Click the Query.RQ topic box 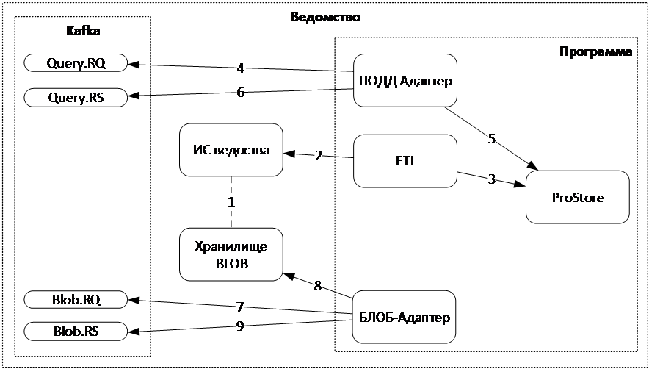[x=76, y=63]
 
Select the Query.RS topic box [x=76, y=96]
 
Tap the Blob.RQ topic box [x=76, y=299]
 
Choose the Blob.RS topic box [x=76, y=332]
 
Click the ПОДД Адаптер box [x=404, y=81]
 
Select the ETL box [x=404, y=161]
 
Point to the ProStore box [x=577, y=197]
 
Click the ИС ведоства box [x=231, y=151]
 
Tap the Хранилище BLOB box [x=231, y=254]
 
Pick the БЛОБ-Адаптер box [x=404, y=317]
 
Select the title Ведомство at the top [x=325, y=17]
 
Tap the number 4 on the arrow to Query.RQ [x=240, y=68]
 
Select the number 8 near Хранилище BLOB [x=317, y=285]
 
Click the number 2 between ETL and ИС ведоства [x=318, y=155]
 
